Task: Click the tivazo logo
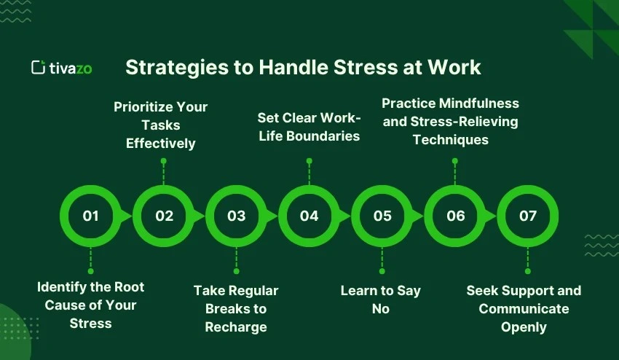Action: click(x=62, y=68)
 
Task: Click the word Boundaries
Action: click(x=323, y=136)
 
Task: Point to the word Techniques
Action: click(x=451, y=140)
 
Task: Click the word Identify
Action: click(x=56, y=287)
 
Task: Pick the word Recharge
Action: click(x=236, y=327)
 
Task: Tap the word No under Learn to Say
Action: click(x=381, y=309)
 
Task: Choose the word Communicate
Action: click(x=524, y=309)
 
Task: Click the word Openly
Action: click(x=524, y=327)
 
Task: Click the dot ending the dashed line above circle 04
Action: click(x=309, y=161)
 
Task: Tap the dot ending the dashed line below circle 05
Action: click(x=382, y=271)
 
